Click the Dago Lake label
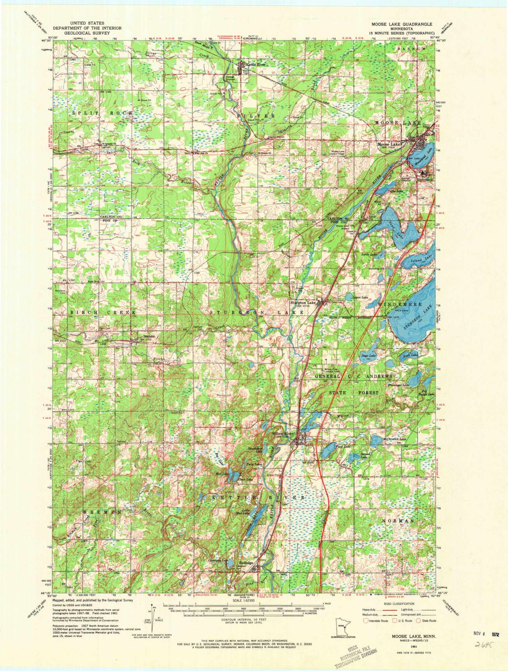[x=368, y=356]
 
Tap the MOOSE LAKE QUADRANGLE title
[x=401, y=24]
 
